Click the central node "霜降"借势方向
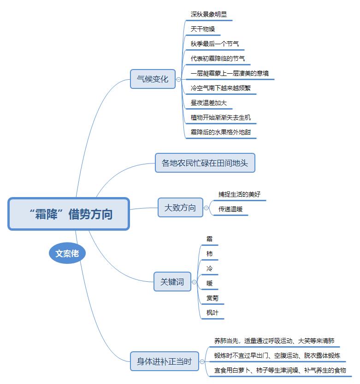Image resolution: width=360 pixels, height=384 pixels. pyautogui.click(x=69, y=214)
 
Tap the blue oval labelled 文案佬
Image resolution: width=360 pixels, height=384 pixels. pyautogui.click(x=67, y=254)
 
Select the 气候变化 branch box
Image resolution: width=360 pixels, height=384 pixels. pyautogui.click(x=153, y=79)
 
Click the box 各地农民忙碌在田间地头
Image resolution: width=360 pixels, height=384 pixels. pyautogui.click(x=205, y=163)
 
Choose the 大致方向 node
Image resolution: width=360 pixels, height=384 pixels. pyautogui.click(x=180, y=208)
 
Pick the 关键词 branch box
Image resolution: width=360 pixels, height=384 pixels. pyautogui.click(x=172, y=282)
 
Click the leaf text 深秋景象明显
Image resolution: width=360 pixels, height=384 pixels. pyautogui.click(x=209, y=15)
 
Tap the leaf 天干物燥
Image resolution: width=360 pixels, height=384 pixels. pyautogui.click(x=203, y=29)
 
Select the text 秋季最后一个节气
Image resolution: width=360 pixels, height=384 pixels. pyautogui.click(x=215, y=44)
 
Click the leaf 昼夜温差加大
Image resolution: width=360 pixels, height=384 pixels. pyautogui.click(x=209, y=103)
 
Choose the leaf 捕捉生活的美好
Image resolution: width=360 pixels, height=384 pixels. pyautogui.click(x=239, y=194)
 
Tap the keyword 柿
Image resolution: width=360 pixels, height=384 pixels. pyautogui.click(x=210, y=254)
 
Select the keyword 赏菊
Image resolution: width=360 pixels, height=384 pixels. pyautogui.click(x=212, y=298)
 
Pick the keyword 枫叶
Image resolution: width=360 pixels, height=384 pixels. pyautogui.click(x=212, y=313)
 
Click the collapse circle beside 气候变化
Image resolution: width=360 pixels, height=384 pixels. pyautogui.click(x=178, y=79)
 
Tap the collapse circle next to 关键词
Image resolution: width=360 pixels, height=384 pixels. pyautogui.click(x=194, y=282)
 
